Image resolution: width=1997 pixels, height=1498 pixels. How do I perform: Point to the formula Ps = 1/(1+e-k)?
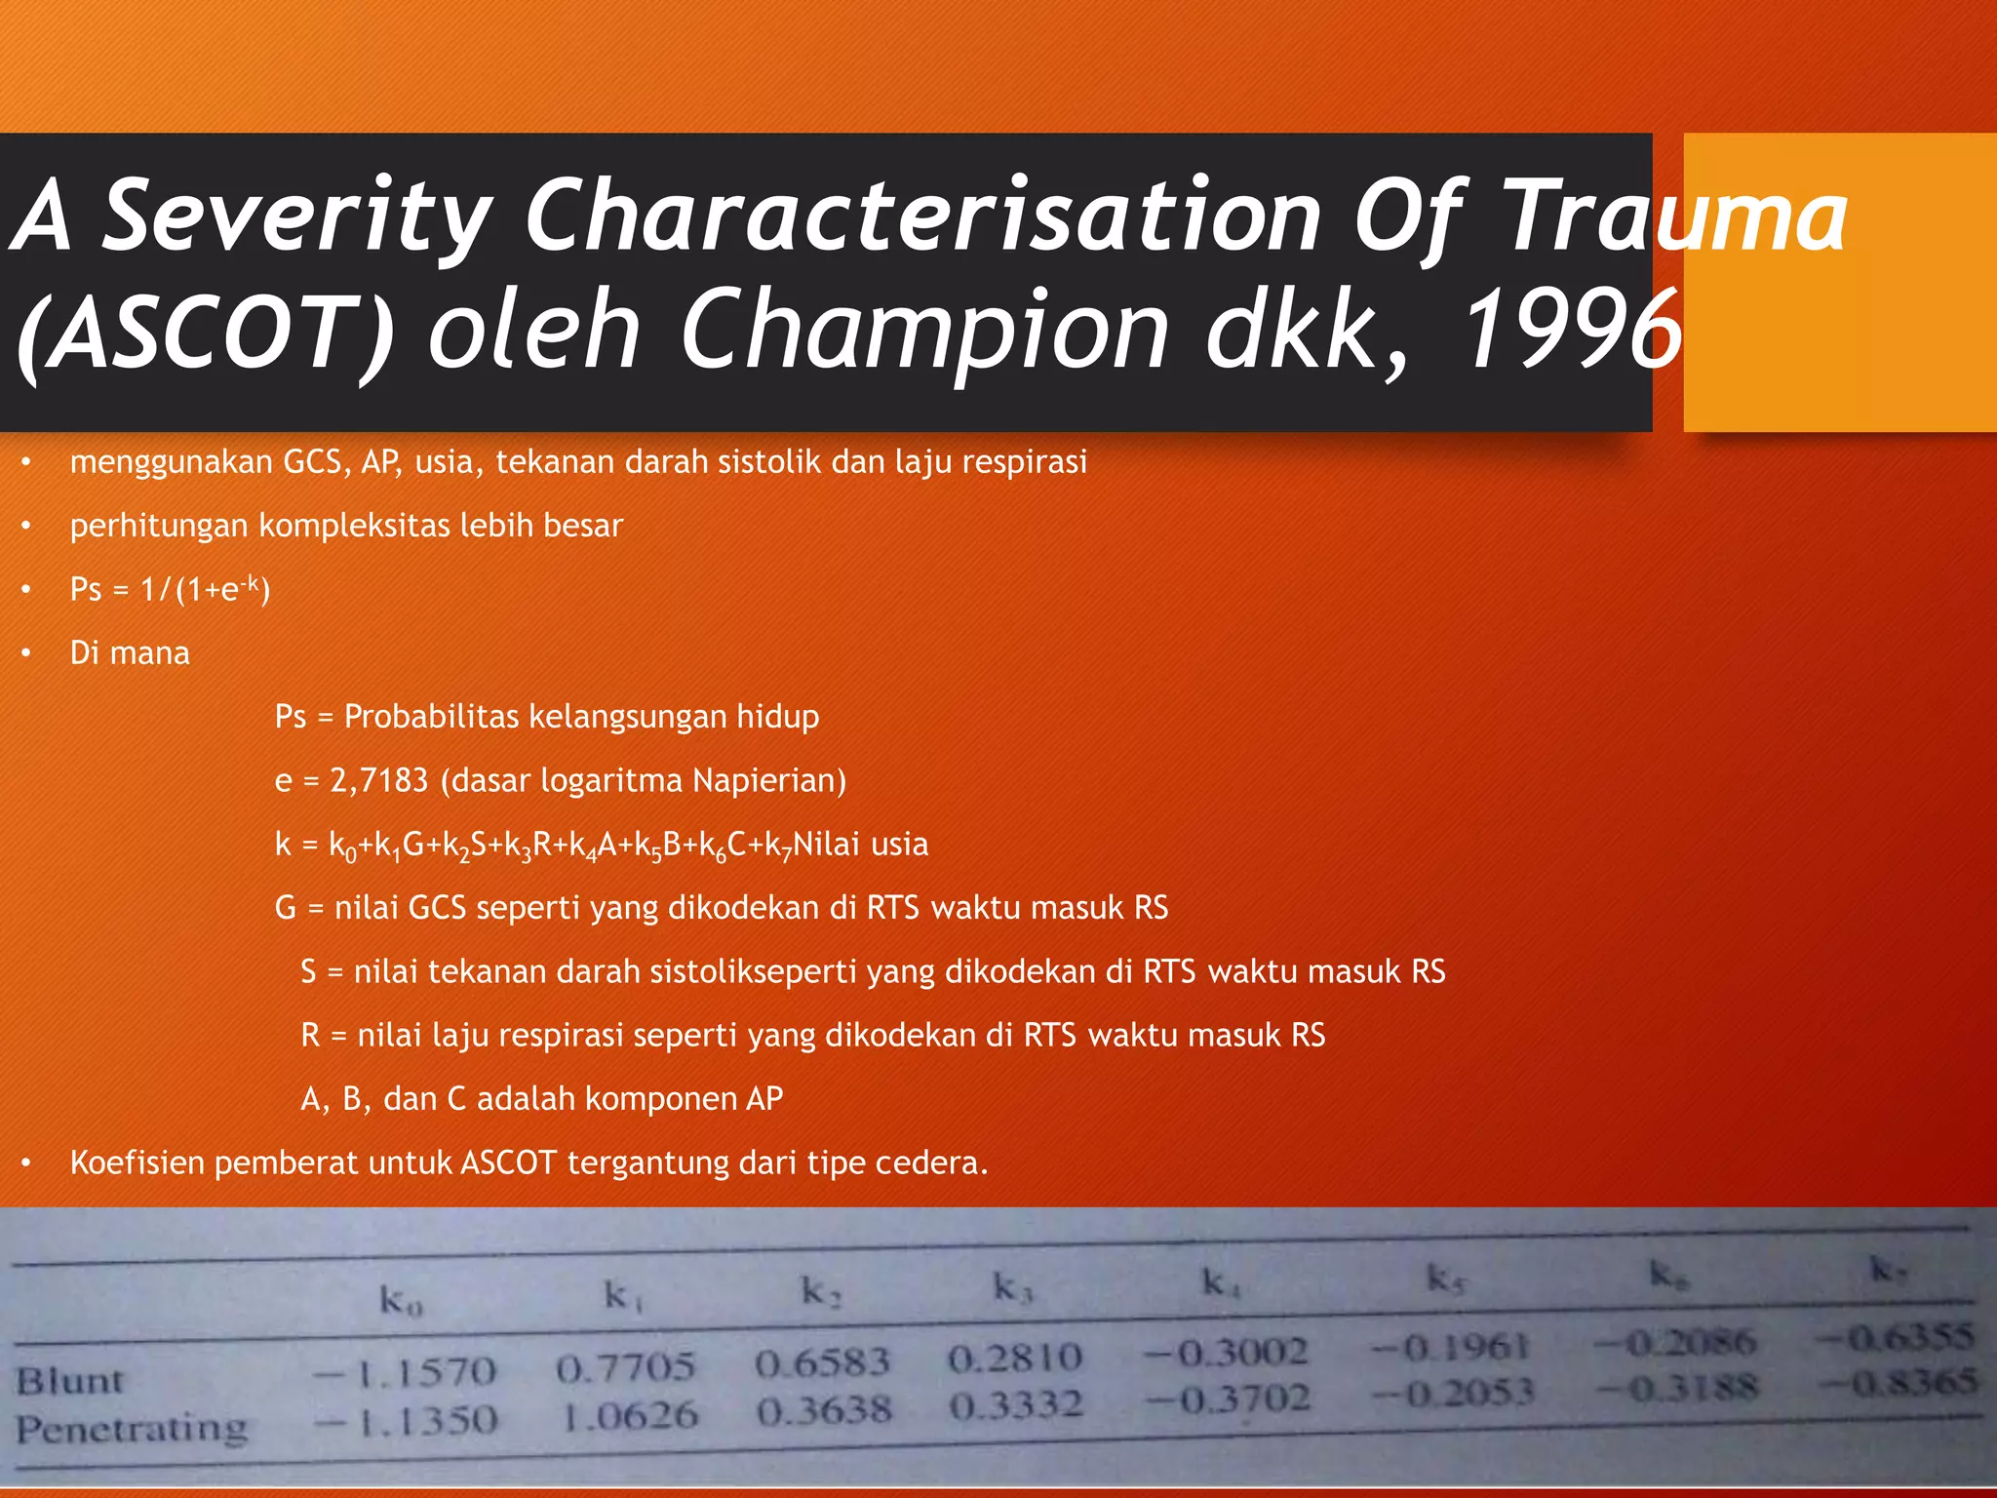point(170,589)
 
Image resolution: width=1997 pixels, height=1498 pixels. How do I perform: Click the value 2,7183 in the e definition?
point(379,780)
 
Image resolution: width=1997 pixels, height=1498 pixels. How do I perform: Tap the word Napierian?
point(769,780)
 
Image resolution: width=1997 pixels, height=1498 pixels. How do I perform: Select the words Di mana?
point(130,652)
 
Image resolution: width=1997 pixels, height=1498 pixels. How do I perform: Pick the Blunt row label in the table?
point(69,1381)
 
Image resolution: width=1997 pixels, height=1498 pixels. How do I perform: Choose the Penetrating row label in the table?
point(132,1429)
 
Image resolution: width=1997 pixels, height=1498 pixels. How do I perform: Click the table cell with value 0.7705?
point(625,1367)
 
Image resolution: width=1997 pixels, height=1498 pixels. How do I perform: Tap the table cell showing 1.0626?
point(630,1415)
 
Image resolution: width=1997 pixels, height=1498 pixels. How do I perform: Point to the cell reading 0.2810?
point(1014,1358)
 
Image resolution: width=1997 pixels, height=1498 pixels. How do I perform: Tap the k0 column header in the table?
point(401,1300)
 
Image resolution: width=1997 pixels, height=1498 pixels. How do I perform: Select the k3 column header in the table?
point(1012,1288)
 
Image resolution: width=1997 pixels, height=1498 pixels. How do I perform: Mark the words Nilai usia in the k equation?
point(860,844)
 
